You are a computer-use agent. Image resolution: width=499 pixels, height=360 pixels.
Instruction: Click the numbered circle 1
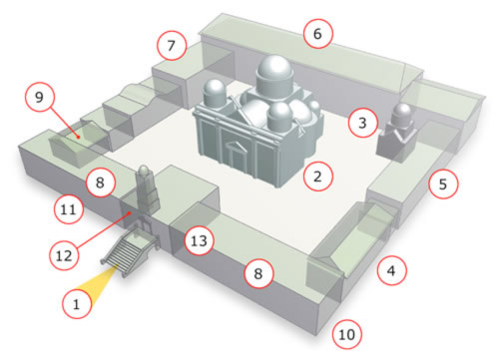77,304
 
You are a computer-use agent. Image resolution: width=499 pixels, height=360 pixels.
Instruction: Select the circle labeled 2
317,177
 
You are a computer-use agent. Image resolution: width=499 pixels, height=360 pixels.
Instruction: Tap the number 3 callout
362,123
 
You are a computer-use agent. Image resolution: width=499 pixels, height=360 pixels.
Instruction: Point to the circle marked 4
391,270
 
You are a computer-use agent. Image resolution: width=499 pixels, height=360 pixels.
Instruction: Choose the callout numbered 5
443,183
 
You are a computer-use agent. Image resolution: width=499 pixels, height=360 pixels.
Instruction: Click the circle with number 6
317,34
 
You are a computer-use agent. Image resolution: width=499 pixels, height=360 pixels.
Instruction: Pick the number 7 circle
172,45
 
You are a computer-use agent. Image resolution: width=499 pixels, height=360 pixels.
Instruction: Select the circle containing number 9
39,97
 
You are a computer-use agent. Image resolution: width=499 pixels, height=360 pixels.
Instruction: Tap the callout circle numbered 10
347,334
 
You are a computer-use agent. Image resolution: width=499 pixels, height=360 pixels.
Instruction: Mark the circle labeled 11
69,209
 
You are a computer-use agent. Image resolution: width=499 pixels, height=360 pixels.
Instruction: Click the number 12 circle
64,255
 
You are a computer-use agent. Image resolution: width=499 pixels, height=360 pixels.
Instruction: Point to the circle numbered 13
199,240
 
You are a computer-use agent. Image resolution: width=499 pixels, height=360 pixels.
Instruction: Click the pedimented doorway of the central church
236,156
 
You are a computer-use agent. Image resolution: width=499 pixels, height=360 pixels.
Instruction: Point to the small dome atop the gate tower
144,170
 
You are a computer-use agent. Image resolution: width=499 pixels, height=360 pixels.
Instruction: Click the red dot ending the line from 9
79,137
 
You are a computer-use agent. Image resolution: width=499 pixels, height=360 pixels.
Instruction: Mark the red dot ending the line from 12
131,213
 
